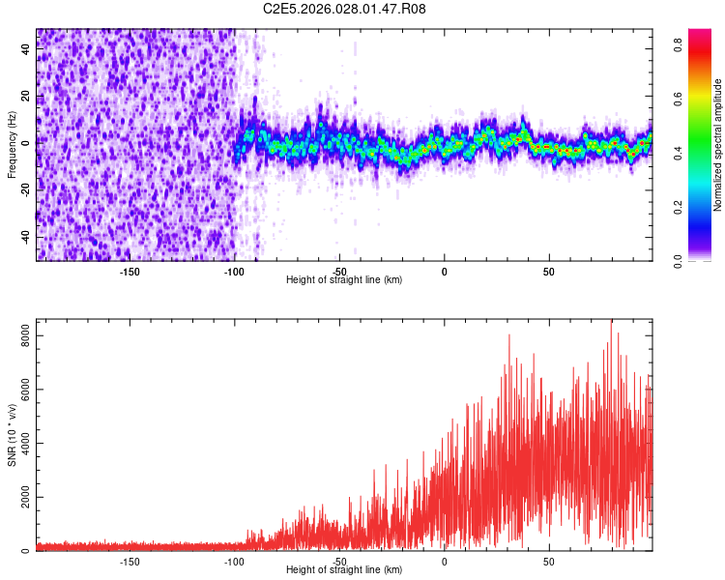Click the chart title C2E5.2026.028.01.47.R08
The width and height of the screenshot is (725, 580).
[x=345, y=9]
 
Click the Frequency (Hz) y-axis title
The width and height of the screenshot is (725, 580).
[x=12, y=145]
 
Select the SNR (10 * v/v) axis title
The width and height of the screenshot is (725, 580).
[x=12, y=435]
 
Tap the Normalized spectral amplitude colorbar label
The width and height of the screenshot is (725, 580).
[x=718, y=145]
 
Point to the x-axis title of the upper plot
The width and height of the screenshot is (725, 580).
[x=344, y=279]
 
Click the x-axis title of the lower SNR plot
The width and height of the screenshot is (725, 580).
[x=344, y=569]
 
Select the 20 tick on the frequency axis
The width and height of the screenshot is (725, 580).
[x=26, y=99]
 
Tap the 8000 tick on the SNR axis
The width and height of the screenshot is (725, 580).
[x=19, y=335]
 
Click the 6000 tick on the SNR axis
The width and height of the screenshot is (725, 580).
[x=19, y=390]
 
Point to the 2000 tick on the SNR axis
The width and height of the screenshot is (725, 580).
[x=19, y=498]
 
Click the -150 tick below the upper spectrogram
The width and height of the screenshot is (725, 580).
[x=130, y=271]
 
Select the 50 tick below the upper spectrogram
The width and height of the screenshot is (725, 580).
[x=548, y=271]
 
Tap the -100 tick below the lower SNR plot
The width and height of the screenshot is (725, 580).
[x=234, y=561]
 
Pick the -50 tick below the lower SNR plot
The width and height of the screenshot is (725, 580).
[x=338, y=561]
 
